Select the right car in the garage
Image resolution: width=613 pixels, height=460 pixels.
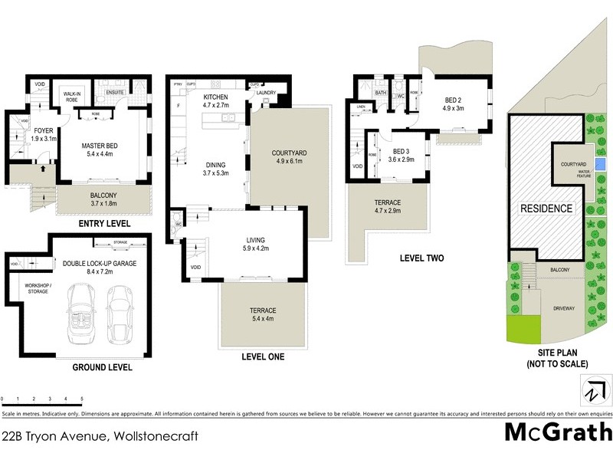click(121, 314)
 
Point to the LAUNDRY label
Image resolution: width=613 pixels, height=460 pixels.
click(266, 94)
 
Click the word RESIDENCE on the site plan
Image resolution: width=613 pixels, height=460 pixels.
click(546, 209)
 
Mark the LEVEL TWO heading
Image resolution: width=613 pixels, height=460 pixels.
click(421, 258)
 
